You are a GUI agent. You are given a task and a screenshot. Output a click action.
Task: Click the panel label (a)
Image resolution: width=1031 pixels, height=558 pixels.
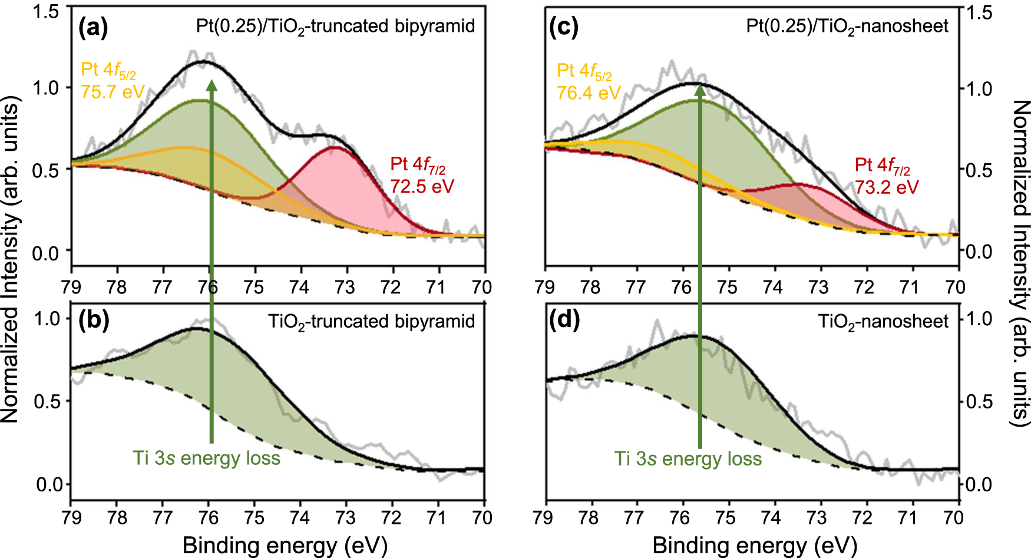93,27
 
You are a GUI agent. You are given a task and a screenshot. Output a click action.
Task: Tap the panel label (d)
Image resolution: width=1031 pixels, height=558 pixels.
564,319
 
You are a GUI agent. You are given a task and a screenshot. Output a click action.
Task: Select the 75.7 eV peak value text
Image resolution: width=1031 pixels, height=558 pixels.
113,92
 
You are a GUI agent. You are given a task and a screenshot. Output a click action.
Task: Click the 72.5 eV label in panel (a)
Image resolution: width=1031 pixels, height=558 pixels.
422,186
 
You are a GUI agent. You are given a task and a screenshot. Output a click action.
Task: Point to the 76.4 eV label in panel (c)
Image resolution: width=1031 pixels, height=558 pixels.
589,93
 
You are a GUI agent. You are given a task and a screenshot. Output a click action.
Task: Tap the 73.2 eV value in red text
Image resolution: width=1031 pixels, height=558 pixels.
887,187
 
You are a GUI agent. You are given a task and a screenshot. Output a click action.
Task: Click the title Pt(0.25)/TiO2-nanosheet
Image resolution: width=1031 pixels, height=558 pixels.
847,27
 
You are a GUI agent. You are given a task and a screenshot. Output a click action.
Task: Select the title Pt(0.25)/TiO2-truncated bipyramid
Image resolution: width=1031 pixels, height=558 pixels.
335,27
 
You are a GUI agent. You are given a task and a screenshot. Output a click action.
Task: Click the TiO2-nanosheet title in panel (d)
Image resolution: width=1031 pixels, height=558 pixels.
883,322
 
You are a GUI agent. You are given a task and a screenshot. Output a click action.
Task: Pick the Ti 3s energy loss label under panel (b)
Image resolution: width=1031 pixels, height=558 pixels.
206,458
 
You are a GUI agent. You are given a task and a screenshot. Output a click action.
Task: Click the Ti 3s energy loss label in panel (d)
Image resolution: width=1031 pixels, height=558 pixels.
688,458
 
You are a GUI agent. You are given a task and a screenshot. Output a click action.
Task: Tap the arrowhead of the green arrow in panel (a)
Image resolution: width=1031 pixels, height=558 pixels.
212,85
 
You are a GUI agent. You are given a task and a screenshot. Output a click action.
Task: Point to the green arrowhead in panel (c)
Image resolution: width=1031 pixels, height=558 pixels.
700,90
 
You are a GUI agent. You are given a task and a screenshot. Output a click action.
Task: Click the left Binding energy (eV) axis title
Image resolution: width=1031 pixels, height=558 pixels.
285,545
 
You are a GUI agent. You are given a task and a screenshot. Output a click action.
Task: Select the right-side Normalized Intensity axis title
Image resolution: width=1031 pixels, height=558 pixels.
1020,262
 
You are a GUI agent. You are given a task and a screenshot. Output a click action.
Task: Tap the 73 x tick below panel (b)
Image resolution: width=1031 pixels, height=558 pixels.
345,517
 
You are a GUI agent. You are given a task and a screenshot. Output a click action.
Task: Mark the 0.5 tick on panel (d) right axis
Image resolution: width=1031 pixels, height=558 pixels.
979,402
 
